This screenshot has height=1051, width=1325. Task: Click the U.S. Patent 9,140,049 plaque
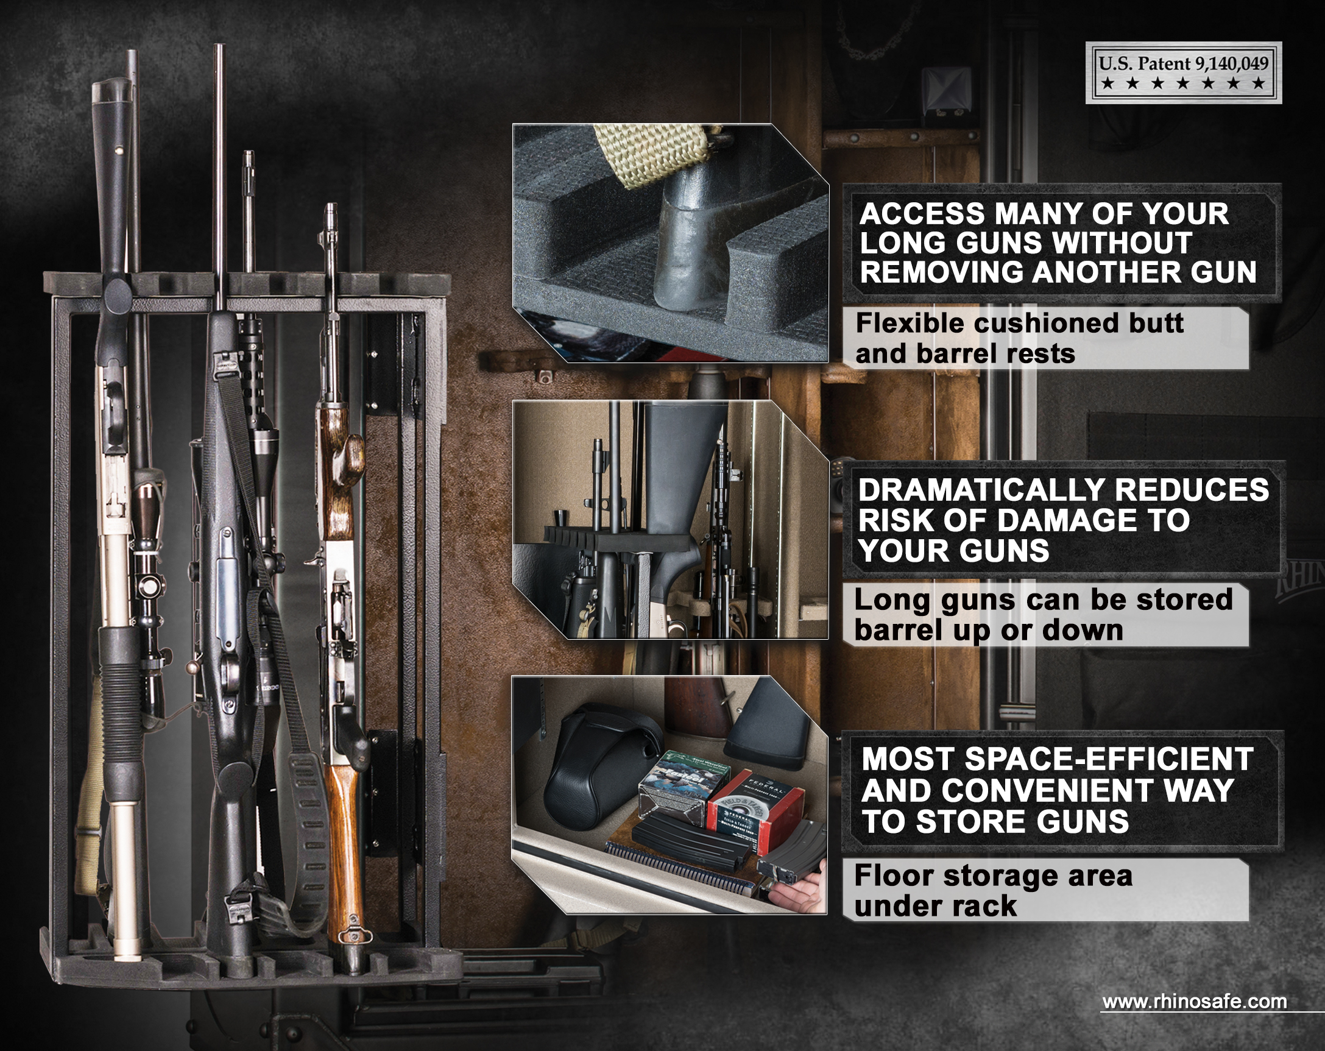1183,73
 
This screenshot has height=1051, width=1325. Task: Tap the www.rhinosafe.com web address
1194,1001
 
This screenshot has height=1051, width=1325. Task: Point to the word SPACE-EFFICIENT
1109,759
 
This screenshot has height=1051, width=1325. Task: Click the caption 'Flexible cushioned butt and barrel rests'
1020,338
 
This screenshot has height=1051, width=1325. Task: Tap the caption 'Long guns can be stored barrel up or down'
1043,615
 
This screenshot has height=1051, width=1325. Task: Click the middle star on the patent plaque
1183,83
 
